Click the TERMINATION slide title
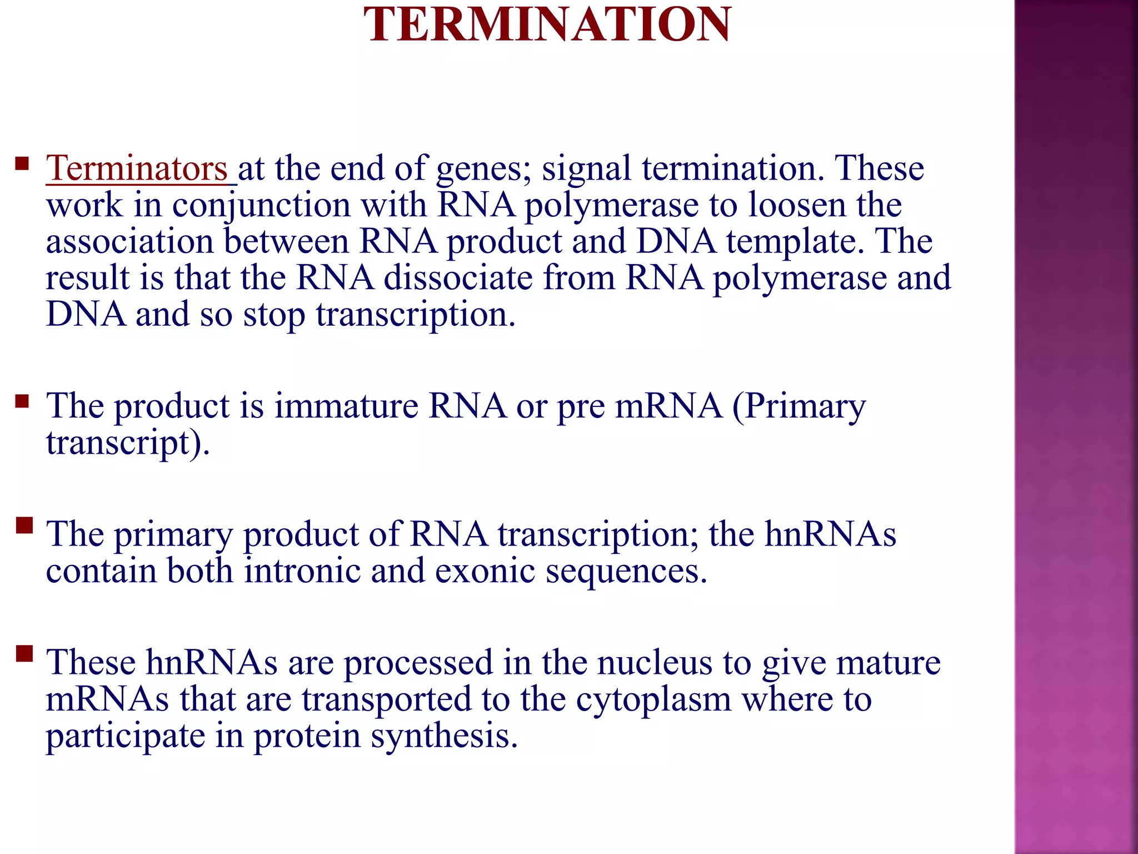point(547,24)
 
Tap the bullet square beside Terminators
point(22,163)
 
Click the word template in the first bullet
point(795,242)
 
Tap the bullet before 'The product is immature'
point(22,401)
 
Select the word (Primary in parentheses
point(798,407)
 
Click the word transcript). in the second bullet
point(128,444)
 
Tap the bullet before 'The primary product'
point(24,525)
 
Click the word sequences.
point(626,572)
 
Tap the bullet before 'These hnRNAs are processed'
point(24,653)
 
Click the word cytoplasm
point(653,701)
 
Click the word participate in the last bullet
point(125,737)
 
